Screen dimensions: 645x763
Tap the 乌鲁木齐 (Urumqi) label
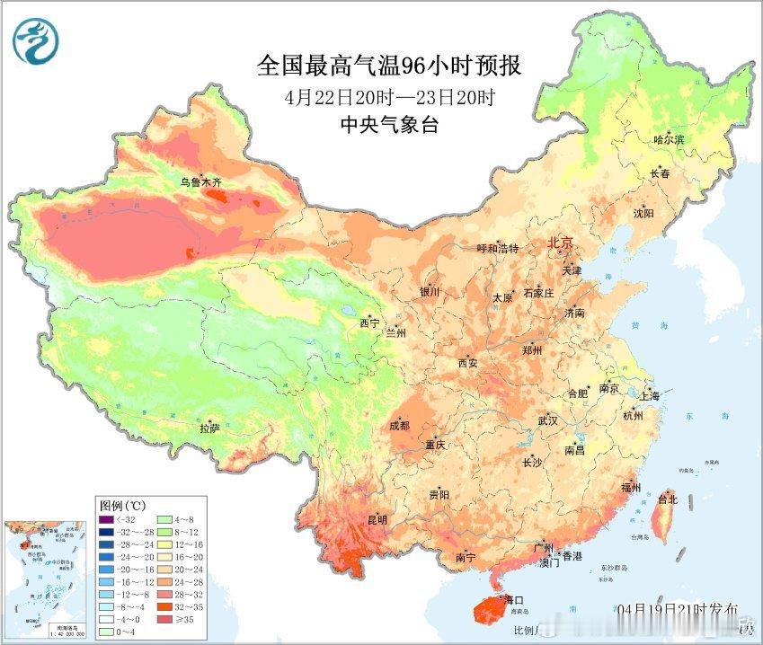click(x=200, y=182)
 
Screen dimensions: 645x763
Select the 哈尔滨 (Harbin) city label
click(x=669, y=140)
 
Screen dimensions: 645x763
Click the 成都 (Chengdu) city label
click(x=400, y=426)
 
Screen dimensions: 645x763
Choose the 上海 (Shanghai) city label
click(x=649, y=396)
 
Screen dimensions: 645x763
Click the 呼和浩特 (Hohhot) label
click(x=497, y=248)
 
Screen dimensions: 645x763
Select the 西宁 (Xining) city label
click(x=370, y=322)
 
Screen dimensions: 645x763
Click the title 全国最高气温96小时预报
click(x=389, y=66)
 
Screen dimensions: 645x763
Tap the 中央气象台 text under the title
click(x=389, y=126)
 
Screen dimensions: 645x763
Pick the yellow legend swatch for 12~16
click(x=169, y=544)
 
